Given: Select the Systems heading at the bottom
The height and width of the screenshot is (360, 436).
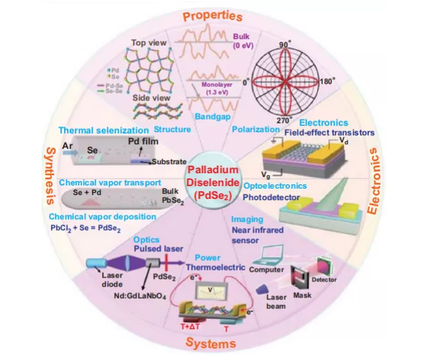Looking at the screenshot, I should (211, 345).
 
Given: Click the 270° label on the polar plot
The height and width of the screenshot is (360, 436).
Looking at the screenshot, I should (283, 119).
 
